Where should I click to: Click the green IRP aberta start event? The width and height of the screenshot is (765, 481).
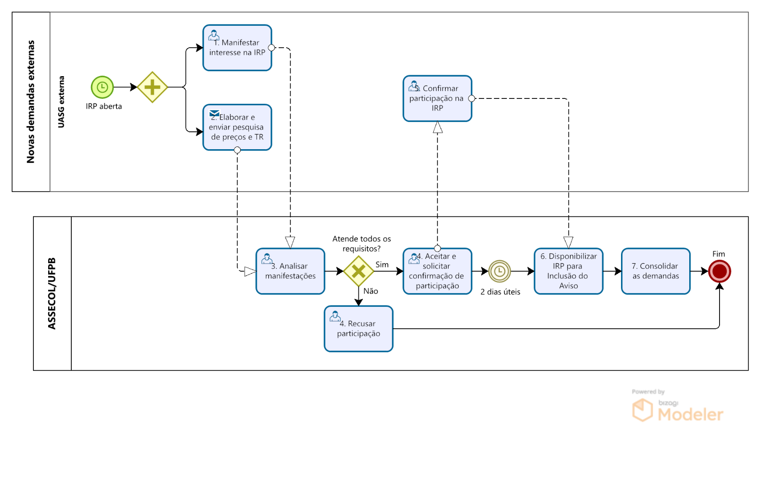pyautogui.click(x=102, y=87)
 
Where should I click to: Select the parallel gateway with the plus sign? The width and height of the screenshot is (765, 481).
pyautogui.click(x=152, y=87)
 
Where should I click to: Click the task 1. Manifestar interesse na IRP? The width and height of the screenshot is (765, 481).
pyautogui.click(x=237, y=48)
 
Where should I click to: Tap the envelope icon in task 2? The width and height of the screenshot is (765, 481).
pyautogui.click(x=214, y=113)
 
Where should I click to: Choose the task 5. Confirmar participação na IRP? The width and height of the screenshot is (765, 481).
pyautogui.click(x=437, y=98)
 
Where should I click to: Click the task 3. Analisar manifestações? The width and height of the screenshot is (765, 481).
pyautogui.click(x=290, y=271)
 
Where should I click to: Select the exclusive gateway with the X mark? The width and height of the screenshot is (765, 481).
pyautogui.click(x=358, y=271)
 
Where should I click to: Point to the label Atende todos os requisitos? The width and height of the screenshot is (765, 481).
pyautogui.click(x=362, y=244)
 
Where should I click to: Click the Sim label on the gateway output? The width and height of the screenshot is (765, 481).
pyautogui.click(x=382, y=265)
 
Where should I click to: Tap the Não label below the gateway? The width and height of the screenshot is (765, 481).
pyautogui.click(x=370, y=291)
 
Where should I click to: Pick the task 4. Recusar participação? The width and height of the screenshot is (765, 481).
pyautogui.click(x=358, y=329)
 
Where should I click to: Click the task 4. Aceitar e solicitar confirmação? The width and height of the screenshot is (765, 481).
pyautogui.click(x=437, y=271)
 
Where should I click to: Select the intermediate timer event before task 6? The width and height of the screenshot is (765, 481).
pyautogui.click(x=499, y=271)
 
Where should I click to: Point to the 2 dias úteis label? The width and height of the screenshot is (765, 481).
pyautogui.click(x=500, y=292)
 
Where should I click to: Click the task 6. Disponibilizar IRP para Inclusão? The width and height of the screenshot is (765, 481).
pyautogui.click(x=568, y=271)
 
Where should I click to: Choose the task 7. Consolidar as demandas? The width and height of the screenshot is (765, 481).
pyautogui.click(x=655, y=271)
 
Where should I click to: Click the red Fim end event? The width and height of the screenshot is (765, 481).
pyautogui.click(x=719, y=271)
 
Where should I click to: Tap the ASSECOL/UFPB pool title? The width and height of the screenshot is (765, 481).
pyautogui.click(x=52, y=293)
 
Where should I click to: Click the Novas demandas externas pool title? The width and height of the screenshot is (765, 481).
pyautogui.click(x=31, y=102)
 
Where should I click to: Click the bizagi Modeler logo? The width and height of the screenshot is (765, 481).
pyautogui.click(x=678, y=410)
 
